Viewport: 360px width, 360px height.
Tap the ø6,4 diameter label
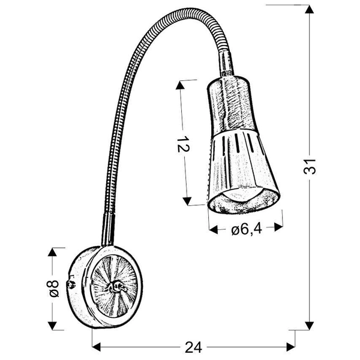pos(244,228)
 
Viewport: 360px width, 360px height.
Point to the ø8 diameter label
pos(53,289)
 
